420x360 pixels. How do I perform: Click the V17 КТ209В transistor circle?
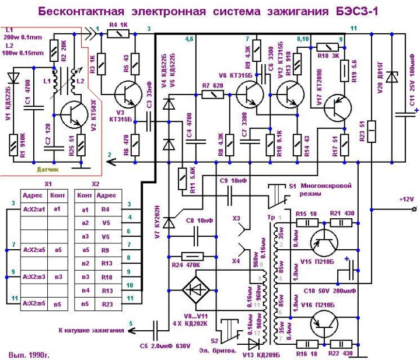coord(337,106)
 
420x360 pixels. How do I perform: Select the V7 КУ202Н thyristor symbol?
coord(170,223)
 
